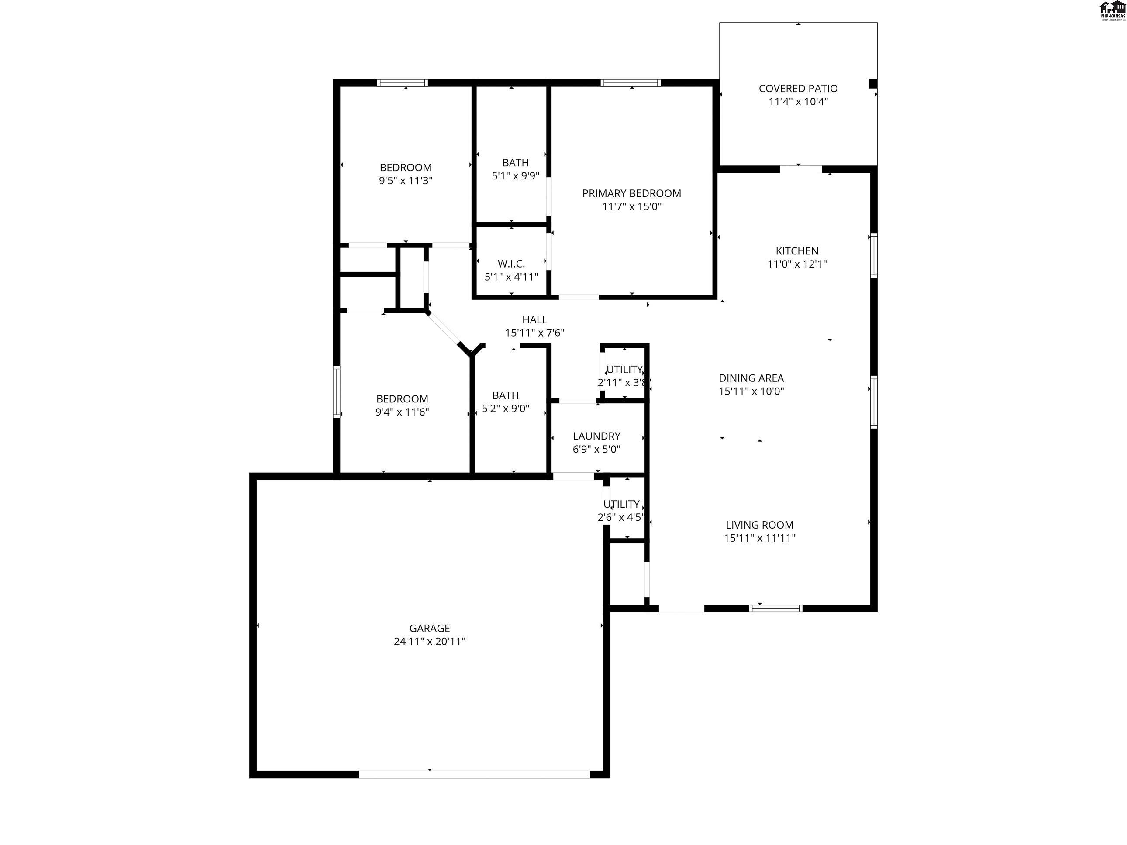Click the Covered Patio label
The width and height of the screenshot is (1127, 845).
coord(798,89)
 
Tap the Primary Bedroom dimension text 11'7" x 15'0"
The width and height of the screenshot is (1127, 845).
coord(631,206)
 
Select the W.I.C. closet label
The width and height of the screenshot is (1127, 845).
coord(511,264)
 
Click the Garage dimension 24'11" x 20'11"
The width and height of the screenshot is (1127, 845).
coord(430,641)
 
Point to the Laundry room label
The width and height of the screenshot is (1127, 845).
coord(596,436)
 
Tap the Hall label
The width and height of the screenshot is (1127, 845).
coord(534,320)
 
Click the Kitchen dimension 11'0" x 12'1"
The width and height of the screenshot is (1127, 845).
coord(797,264)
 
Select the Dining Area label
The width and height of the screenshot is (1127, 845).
coord(751,378)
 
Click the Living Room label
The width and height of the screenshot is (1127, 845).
coord(759,525)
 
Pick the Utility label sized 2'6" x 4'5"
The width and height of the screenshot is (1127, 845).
coord(621,504)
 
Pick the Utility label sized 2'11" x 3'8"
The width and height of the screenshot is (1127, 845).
coord(624,370)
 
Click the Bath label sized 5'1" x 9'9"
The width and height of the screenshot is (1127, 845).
coord(515,163)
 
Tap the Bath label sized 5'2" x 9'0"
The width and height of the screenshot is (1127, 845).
coord(505,395)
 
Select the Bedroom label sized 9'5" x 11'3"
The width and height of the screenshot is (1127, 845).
coord(406,168)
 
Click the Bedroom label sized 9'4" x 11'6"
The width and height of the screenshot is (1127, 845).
coord(402,399)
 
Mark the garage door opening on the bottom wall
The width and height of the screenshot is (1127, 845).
coord(474,774)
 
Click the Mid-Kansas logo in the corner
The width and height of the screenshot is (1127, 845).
coord(1112,10)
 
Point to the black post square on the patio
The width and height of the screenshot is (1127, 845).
coord(872,83)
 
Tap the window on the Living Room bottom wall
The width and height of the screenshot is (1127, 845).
coord(775,608)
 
